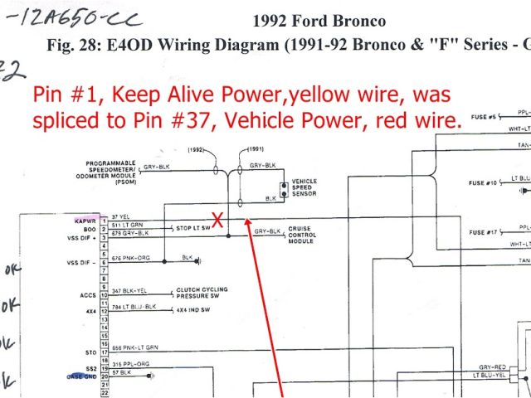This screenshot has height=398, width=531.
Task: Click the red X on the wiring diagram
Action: [x=218, y=220]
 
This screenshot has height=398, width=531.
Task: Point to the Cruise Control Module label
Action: [x=302, y=235]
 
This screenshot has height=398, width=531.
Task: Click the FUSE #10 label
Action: [x=483, y=182]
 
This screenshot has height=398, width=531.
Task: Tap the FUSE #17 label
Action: [x=483, y=231]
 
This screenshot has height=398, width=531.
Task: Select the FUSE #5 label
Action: [x=484, y=117]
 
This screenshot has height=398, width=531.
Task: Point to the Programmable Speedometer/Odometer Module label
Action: [x=106, y=171]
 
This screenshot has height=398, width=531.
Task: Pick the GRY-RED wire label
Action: [x=493, y=366]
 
